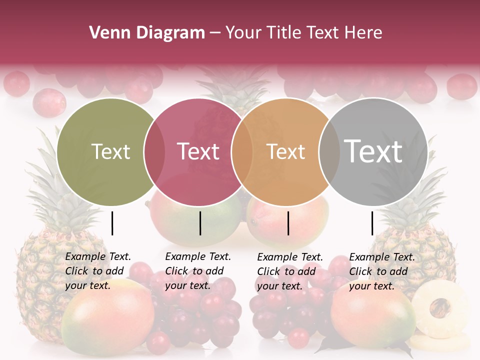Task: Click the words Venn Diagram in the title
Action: [x=147, y=33]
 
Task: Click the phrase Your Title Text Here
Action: [x=303, y=33]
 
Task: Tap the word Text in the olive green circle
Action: [x=110, y=151]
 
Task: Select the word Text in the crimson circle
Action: [x=198, y=151]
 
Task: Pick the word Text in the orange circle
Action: [x=285, y=151]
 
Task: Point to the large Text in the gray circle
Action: [x=373, y=151]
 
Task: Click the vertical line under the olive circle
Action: [x=112, y=223]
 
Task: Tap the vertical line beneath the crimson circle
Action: [x=200, y=223]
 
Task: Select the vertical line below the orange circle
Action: [x=288, y=223]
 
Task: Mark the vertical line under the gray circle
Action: [x=372, y=223]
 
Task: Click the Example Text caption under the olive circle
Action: [x=98, y=271]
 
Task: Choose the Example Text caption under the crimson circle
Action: [x=198, y=271]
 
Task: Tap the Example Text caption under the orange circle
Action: [x=290, y=271]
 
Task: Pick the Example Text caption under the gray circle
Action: [x=382, y=271]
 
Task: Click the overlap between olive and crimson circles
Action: [x=154, y=151]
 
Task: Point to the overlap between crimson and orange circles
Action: [x=241, y=151]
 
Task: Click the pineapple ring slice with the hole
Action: [x=440, y=307]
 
